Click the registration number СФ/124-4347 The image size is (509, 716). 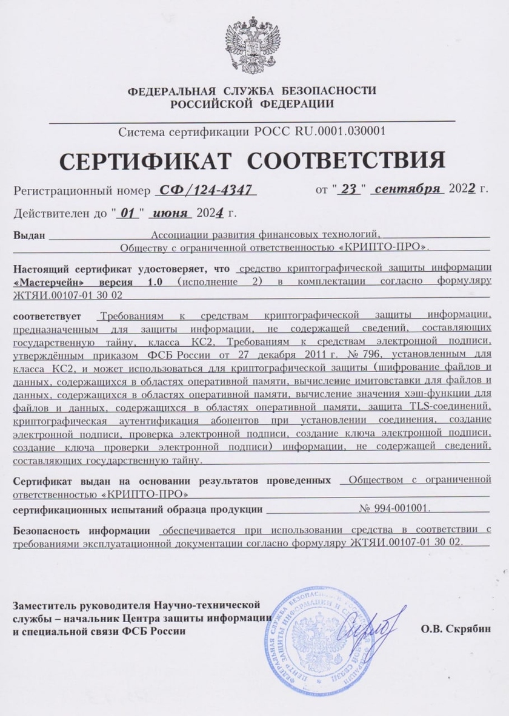pyautogui.click(x=206, y=191)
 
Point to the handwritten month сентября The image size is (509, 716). pyautogui.click(x=407, y=189)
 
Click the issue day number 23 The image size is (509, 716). pyautogui.click(x=348, y=190)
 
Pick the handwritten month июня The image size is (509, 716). pyautogui.click(x=171, y=213)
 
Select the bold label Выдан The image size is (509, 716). pyautogui.click(x=30, y=235)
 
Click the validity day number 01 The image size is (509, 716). pyautogui.click(x=127, y=213)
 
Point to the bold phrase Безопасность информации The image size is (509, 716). pyautogui.click(x=82, y=531)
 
